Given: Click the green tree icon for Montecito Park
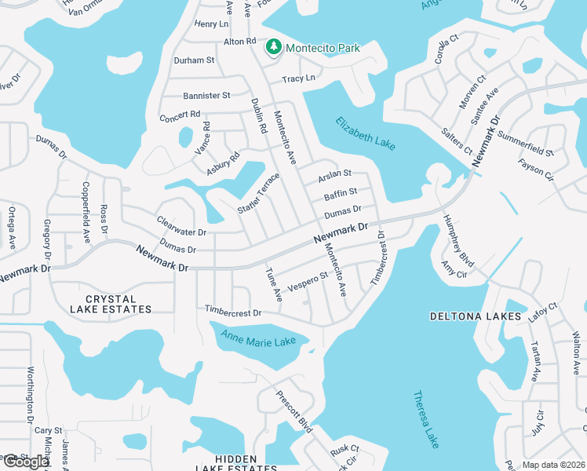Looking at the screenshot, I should coord(274,48).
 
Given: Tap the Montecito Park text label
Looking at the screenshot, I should coord(323,48).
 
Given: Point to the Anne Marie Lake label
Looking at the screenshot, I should coord(258,339).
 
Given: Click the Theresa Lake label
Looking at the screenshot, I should coord(427,419).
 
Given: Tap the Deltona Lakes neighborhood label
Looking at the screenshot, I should coord(476,316).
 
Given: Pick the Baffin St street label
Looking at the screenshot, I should coord(340,192).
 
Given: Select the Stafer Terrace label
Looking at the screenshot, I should coord(258,194).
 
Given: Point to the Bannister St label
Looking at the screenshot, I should coord(206,96).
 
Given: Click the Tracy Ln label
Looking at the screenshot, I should coord(298,78).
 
